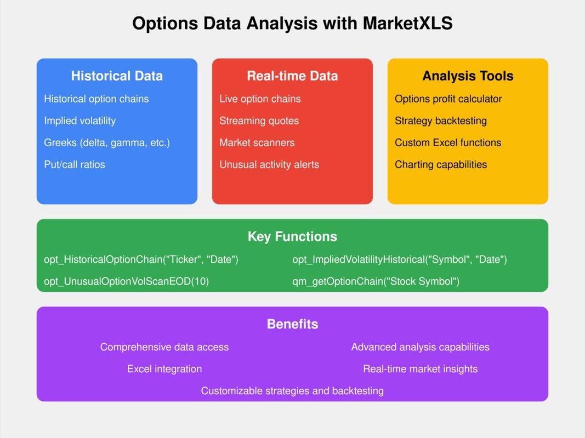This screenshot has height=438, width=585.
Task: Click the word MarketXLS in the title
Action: (x=407, y=24)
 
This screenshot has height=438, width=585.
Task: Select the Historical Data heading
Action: (x=117, y=76)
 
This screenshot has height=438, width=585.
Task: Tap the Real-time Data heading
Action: (x=292, y=76)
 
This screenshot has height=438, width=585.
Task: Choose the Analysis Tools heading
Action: (x=468, y=76)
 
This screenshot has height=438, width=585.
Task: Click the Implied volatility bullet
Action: (x=80, y=120)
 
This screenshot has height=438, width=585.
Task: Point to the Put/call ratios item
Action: (x=75, y=164)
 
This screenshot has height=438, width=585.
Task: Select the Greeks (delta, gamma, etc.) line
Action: (x=107, y=142)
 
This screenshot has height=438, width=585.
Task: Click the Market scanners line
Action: (x=257, y=142)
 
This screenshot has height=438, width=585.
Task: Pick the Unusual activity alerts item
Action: (x=269, y=164)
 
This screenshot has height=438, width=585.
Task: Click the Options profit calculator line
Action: (x=448, y=99)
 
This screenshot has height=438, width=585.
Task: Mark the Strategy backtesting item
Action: (x=441, y=120)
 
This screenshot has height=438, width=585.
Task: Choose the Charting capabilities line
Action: (x=441, y=164)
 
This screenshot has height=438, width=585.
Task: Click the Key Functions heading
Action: (x=292, y=237)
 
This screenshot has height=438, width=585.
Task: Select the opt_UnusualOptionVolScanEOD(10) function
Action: (x=126, y=281)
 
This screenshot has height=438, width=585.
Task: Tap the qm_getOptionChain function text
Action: (x=376, y=281)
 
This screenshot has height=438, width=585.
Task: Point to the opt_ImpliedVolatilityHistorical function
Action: (x=400, y=260)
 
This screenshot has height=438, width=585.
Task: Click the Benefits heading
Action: (x=292, y=324)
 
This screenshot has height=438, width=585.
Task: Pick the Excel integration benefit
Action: (x=164, y=369)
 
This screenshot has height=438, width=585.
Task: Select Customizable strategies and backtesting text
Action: (x=292, y=391)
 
